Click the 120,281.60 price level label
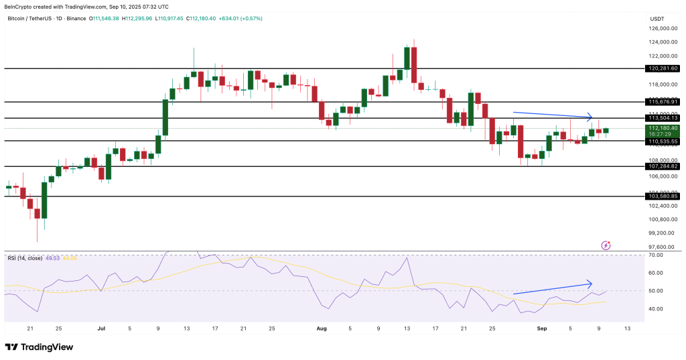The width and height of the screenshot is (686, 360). point(663,68)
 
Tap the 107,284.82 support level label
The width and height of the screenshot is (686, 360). point(663,166)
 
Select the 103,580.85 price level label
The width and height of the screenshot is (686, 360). point(663,196)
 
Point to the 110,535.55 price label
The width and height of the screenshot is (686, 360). point(663,141)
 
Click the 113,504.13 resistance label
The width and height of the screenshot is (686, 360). point(663,117)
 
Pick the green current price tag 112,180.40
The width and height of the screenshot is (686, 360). point(663,127)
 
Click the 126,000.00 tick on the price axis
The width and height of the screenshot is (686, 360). point(663,28)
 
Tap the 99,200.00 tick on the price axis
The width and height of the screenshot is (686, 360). point(663,233)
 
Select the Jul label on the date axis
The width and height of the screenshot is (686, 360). point(101,329)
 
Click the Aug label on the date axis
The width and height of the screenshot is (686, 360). point(322,329)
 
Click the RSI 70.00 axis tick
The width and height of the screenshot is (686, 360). point(656,255)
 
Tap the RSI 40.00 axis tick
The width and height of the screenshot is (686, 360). point(656,309)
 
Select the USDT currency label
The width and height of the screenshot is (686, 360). point(657,19)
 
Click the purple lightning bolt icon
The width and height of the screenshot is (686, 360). point(606,246)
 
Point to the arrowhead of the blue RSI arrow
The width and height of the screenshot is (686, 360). point(591,283)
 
